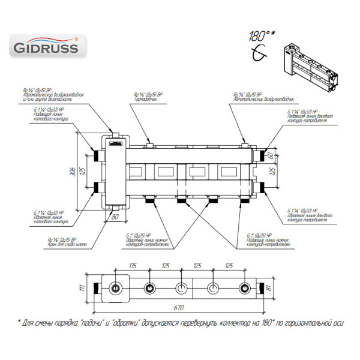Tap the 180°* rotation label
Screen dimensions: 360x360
pos(259,36)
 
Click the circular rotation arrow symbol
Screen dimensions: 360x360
pos(260,55)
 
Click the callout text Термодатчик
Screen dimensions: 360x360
pos(147,100)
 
